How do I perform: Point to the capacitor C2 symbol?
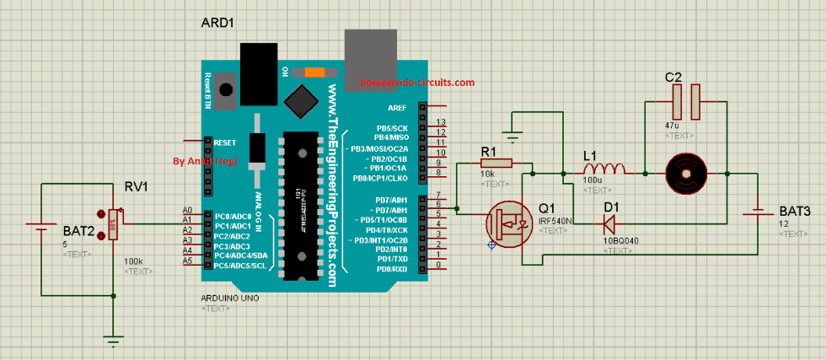pyautogui.click(x=685, y=101)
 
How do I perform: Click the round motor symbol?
pyautogui.click(x=684, y=173)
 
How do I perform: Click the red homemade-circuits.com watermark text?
pyautogui.click(x=416, y=83)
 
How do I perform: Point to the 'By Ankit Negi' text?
pyautogui.click(x=204, y=160)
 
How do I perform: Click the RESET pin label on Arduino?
pyautogui.click(x=225, y=142)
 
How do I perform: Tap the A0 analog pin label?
pyautogui.click(x=187, y=210)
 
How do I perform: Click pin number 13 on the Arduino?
pyautogui.click(x=440, y=123)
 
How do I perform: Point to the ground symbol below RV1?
pyautogui.click(x=112, y=341)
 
